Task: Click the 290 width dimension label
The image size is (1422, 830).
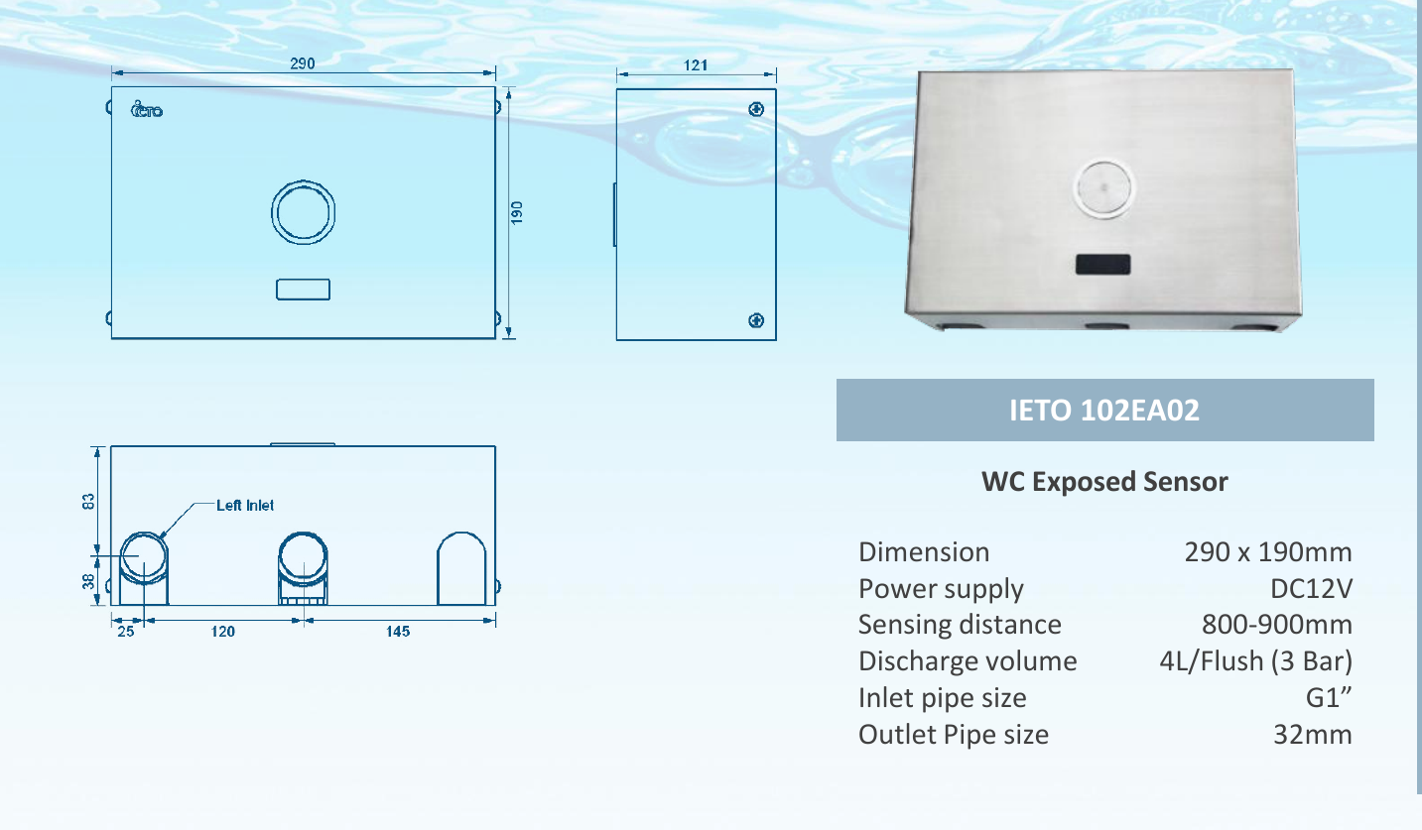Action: (x=303, y=63)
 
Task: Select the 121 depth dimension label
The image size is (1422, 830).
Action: (x=696, y=64)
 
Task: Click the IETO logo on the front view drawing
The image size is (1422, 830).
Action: (x=147, y=109)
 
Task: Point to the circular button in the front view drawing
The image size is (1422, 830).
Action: (x=303, y=212)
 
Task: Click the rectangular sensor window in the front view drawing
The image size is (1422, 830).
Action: (x=303, y=289)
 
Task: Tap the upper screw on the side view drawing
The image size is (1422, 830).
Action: (x=755, y=108)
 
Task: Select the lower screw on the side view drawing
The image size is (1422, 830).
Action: (x=755, y=320)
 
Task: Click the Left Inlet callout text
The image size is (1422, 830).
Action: (x=245, y=505)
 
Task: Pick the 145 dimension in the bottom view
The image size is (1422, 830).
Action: (x=398, y=632)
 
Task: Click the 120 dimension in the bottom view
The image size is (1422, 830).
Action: (x=222, y=632)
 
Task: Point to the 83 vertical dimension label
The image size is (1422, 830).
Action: (x=87, y=502)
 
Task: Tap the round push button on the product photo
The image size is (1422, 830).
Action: (x=1103, y=187)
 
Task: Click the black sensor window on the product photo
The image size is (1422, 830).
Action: (x=1103, y=265)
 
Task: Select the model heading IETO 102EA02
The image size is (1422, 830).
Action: (x=1104, y=411)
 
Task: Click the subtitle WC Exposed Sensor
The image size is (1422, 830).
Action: (x=1104, y=482)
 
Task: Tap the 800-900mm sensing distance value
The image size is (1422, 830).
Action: (x=1277, y=625)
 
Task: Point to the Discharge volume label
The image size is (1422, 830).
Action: (x=967, y=661)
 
